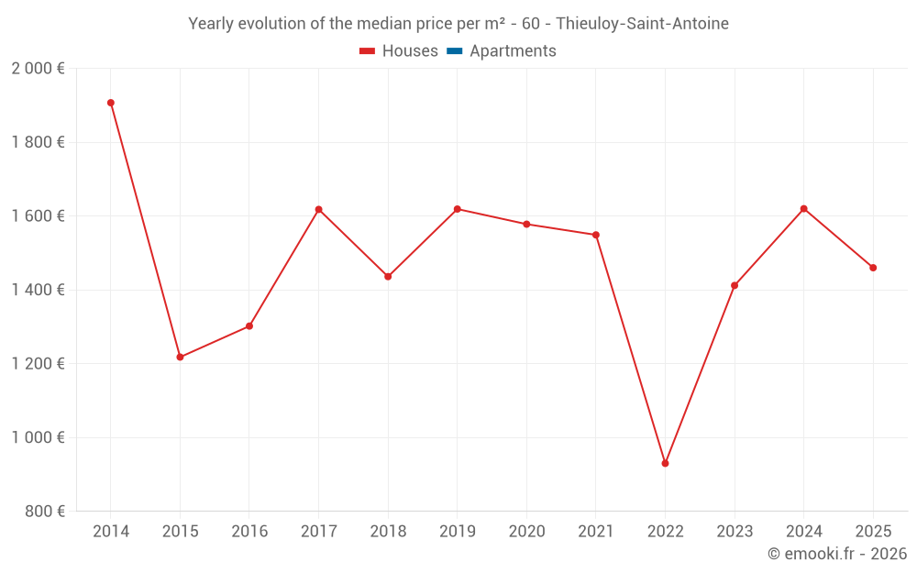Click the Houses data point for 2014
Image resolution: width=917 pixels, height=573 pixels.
click(x=111, y=103)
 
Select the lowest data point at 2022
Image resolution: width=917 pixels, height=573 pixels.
click(x=665, y=463)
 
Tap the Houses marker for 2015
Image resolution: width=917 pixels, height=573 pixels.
click(x=180, y=357)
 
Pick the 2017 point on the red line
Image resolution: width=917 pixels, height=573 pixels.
click(x=318, y=210)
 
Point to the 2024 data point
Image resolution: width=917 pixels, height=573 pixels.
click(x=803, y=209)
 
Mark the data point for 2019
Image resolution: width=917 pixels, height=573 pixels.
click(x=457, y=209)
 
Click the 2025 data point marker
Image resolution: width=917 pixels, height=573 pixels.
click(x=873, y=268)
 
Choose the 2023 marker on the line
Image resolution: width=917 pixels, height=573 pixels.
click(x=735, y=285)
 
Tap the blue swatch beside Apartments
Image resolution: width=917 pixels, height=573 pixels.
click(x=454, y=51)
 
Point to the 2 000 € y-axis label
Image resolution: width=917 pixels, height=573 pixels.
click(x=38, y=69)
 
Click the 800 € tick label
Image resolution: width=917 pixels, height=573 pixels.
click(x=44, y=512)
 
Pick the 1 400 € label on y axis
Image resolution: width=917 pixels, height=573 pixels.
click(x=38, y=290)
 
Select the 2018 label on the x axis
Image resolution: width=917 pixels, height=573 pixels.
click(x=388, y=532)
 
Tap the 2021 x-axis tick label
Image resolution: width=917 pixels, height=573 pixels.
click(x=596, y=532)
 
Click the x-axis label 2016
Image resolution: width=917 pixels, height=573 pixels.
click(x=249, y=532)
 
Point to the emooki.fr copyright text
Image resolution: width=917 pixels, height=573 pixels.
click(x=836, y=554)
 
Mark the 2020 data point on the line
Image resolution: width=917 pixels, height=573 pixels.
click(x=526, y=224)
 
